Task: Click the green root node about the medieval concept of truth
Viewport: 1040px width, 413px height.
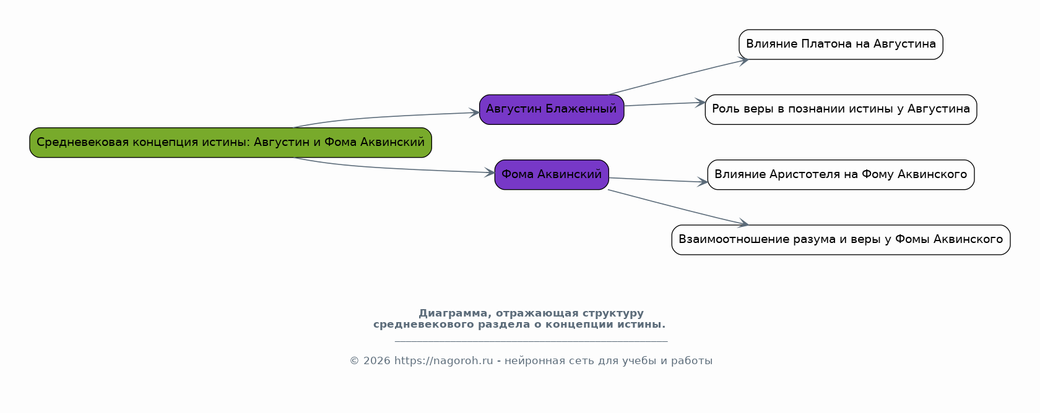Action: tap(231, 143)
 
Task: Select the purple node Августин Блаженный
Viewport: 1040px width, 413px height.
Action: tap(552, 110)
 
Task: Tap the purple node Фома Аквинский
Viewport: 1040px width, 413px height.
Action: tap(552, 175)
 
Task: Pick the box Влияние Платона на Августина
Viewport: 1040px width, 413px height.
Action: tap(841, 45)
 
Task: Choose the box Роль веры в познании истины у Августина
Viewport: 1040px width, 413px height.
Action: tap(841, 110)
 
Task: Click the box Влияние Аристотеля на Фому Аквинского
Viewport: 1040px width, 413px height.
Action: tap(841, 175)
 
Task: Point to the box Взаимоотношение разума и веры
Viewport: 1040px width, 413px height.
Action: tap(841, 240)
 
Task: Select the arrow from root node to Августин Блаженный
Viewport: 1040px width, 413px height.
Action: tap(385, 117)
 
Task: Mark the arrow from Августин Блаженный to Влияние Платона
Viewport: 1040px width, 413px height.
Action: tap(678, 77)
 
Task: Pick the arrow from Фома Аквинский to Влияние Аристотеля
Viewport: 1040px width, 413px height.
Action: tap(659, 180)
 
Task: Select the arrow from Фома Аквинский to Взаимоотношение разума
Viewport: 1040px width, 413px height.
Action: tap(678, 208)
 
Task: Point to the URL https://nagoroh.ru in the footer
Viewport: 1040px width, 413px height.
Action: tap(443, 361)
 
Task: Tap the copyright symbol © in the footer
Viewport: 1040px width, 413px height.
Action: tap(354, 361)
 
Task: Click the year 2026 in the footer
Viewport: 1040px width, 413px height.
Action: tap(376, 361)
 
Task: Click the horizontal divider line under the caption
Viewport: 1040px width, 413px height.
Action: tap(531, 342)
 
